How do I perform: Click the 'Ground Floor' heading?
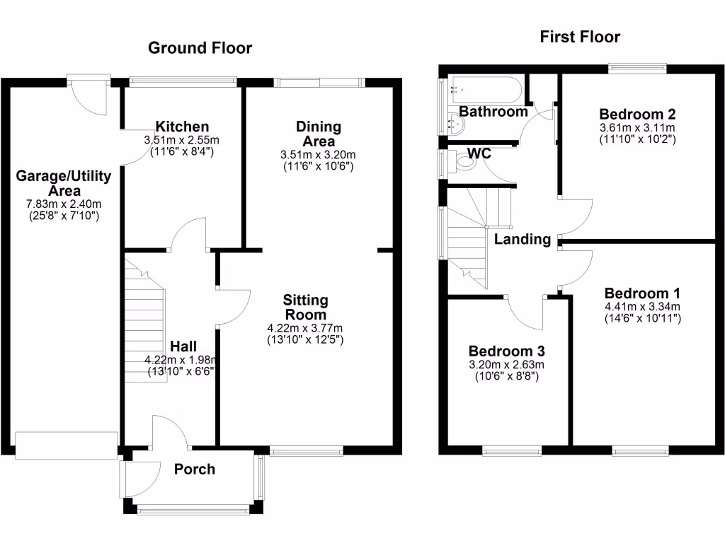click(x=200, y=48)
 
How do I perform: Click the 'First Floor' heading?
click(x=580, y=37)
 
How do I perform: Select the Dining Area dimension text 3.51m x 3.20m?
click(x=319, y=155)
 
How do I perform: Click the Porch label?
click(x=195, y=469)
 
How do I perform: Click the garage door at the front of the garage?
click(x=67, y=445)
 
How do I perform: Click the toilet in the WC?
click(x=464, y=162)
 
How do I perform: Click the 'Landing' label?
click(x=523, y=239)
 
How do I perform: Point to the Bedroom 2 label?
click(x=637, y=115)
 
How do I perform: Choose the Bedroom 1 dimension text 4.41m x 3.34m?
click(x=642, y=306)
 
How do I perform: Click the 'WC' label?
click(x=479, y=153)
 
